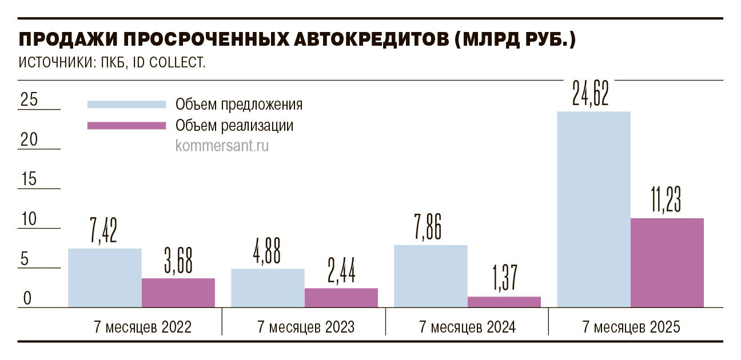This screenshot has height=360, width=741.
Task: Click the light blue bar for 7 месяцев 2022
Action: (x=105, y=278)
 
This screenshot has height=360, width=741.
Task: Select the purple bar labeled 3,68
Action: (x=178, y=293)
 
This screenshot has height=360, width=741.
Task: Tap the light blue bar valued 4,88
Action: (x=268, y=288)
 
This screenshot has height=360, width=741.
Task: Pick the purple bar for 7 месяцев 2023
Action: (x=341, y=298)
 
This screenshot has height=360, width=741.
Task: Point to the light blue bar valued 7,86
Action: (x=431, y=277)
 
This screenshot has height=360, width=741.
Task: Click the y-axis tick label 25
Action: (x=29, y=100)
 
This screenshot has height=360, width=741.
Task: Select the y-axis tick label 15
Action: (x=29, y=179)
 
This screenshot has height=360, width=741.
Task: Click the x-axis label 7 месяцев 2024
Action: (x=467, y=327)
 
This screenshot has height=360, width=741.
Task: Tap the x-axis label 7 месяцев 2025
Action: (x=631, y=327)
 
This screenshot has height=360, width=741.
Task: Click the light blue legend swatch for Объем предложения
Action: (x=126, y=105)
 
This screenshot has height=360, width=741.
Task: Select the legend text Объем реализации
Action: (x=234, y=125)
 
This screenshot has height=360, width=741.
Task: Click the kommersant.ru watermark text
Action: (x=222, y=146)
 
